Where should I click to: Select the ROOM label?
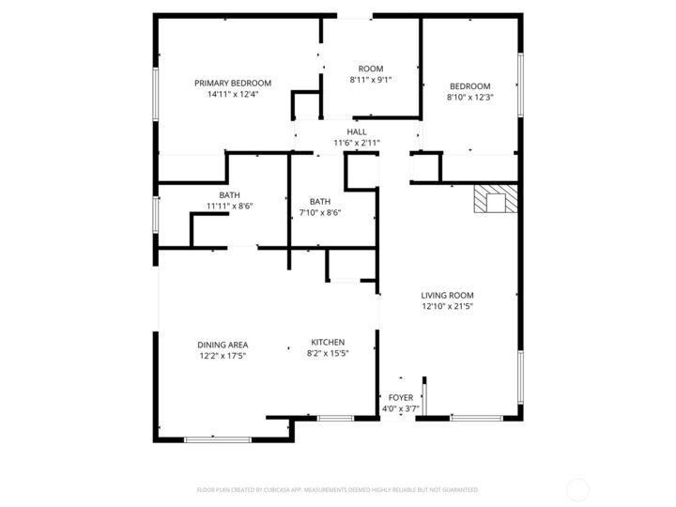click(371, 69)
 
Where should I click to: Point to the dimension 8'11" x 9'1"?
click(371, 80)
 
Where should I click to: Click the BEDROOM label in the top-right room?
click(469, 86)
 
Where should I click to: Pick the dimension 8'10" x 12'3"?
click(469, 98)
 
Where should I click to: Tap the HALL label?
click(357, 131)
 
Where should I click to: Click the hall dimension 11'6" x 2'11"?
click(357, 143)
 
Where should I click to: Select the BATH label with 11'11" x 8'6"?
click(230, 195)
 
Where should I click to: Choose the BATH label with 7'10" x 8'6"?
click(320, 202)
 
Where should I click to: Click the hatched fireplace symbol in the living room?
click(495, 200)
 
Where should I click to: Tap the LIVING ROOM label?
click(447, 295)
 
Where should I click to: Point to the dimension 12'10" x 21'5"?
click(447, 306)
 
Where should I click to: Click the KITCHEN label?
click(328, 342)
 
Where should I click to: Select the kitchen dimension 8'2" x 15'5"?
click(328, 353)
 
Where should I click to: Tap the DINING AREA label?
click(223, 345)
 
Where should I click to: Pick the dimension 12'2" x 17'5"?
click(223, 356)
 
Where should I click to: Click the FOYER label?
click(400, 398)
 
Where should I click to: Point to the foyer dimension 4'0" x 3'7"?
click(400, 408)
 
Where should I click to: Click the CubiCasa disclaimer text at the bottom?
click(337, 489)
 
